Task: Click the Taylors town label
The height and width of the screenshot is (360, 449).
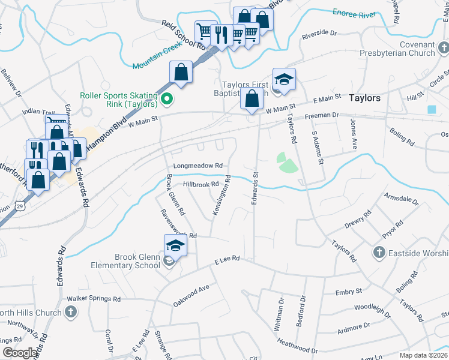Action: point(364,98)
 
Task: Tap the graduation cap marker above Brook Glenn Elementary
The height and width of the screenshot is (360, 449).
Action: point(176,245)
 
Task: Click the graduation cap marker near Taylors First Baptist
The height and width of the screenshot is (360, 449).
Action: point(284,79)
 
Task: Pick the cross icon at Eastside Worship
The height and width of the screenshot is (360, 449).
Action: point(379,252)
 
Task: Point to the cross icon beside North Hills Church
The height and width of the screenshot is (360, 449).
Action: point(71,312)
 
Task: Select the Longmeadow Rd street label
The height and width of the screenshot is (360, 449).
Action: point(197,166)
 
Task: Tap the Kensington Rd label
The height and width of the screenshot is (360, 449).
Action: point(220,195)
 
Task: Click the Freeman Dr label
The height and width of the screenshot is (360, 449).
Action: point(322,115)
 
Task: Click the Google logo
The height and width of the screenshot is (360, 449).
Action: point(20,353)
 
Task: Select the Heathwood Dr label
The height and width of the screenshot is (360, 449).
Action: point(297,346)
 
